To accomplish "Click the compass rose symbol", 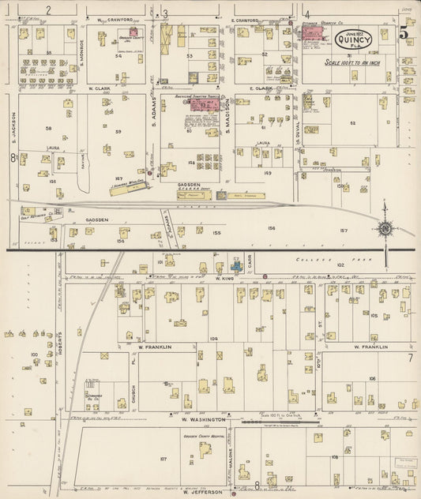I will [x=385, y=229].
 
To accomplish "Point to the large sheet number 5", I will [x=403, y=34].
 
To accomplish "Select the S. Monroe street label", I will [x=81, y=54].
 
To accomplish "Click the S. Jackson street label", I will [x=13, y=126].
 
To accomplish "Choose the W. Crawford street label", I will [x=116, y=19].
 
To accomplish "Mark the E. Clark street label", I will [x=260, y=89].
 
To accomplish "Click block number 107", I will [x=164, y=459].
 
